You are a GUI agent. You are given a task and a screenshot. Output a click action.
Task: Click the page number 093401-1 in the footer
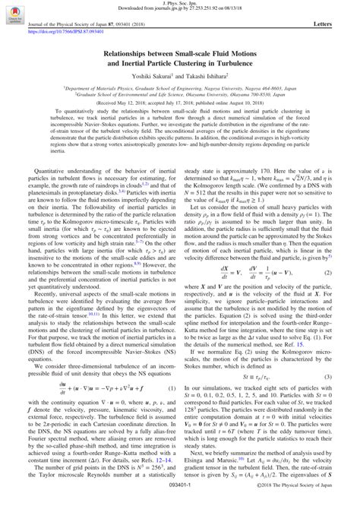tap(180, 502)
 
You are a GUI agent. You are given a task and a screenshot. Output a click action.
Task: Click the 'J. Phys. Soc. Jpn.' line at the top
tap(180, 4)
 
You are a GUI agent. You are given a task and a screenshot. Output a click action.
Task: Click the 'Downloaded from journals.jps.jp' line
tap(180, 10)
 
